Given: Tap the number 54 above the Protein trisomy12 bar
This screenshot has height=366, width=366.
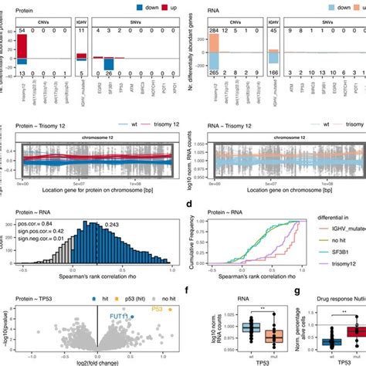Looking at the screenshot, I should (24, 31).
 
